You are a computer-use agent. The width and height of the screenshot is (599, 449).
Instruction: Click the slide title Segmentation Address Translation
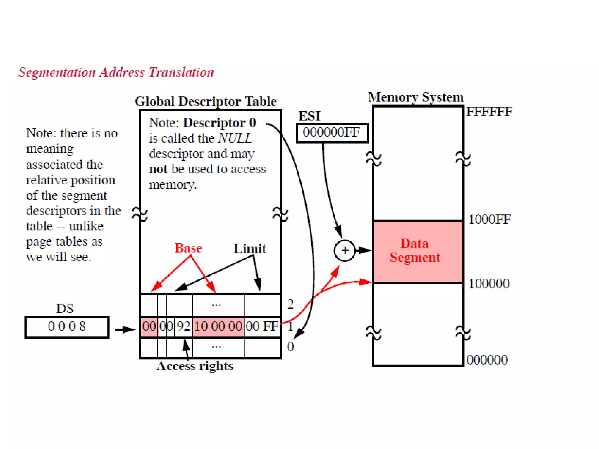coord(116,72)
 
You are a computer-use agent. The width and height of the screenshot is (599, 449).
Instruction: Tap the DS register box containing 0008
coord(67,327)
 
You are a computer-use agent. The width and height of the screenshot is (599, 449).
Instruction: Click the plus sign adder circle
coord(345,251)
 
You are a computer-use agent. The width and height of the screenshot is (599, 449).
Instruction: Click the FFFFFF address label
coord(489,112)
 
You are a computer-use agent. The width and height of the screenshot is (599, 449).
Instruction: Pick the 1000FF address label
coord(489,220)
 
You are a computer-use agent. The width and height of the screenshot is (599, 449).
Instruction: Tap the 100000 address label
coord(489,284)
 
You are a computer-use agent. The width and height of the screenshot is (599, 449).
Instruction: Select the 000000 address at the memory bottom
coord(487,360)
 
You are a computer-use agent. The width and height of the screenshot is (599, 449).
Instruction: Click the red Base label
coord(188,248)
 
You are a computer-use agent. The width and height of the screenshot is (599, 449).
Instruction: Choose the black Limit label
coord(249,249)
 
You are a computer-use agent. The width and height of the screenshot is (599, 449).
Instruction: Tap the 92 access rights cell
coord(184,326)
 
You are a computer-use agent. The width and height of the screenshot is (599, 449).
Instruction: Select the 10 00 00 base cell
coord(218,326)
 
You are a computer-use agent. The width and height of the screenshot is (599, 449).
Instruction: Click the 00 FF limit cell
coord(262,326)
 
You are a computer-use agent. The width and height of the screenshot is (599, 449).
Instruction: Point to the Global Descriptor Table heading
coord(205,102)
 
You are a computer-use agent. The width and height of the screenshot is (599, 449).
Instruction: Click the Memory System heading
coord(416,97)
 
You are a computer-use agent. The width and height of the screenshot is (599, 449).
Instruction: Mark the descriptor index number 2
coord(290,305)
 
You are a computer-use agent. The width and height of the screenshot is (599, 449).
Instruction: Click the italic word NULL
coord(235,138)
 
